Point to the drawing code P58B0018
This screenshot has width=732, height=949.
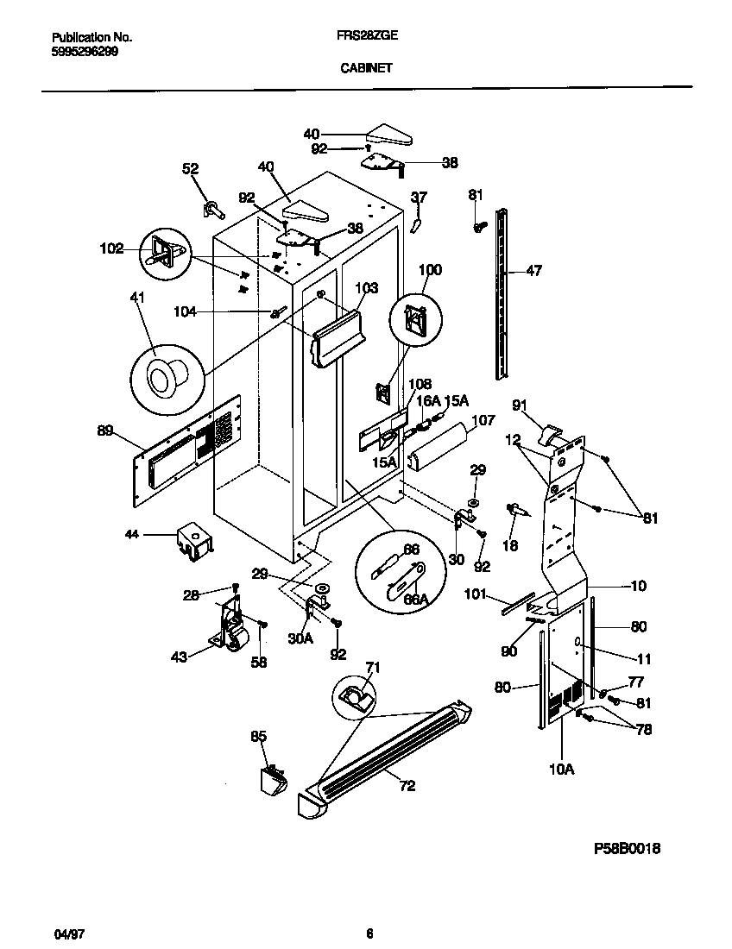coord(628,848)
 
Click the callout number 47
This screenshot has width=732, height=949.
coord(534,271)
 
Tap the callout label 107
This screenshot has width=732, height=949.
coord(483,421)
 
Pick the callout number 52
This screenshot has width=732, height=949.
coord(190,169)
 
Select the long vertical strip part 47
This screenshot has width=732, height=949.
coord(501,293)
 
